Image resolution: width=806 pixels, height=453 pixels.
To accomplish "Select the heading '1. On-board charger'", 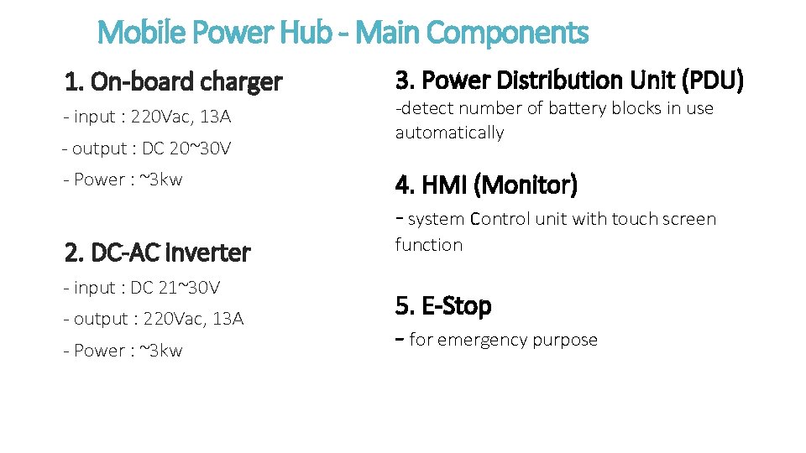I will coord(173,82).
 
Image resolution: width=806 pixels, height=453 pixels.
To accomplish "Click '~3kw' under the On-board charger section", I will coord(159,180).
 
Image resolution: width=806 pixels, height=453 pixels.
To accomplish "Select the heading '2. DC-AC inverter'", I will coord(157,253).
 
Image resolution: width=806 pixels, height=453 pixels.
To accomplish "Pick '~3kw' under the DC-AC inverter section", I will coord(159,351).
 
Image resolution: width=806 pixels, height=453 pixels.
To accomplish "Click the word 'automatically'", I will coord(449,133).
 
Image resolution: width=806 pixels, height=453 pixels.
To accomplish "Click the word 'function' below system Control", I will coord(428,245).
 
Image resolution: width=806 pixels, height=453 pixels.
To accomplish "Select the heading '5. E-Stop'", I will coord(443,306).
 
